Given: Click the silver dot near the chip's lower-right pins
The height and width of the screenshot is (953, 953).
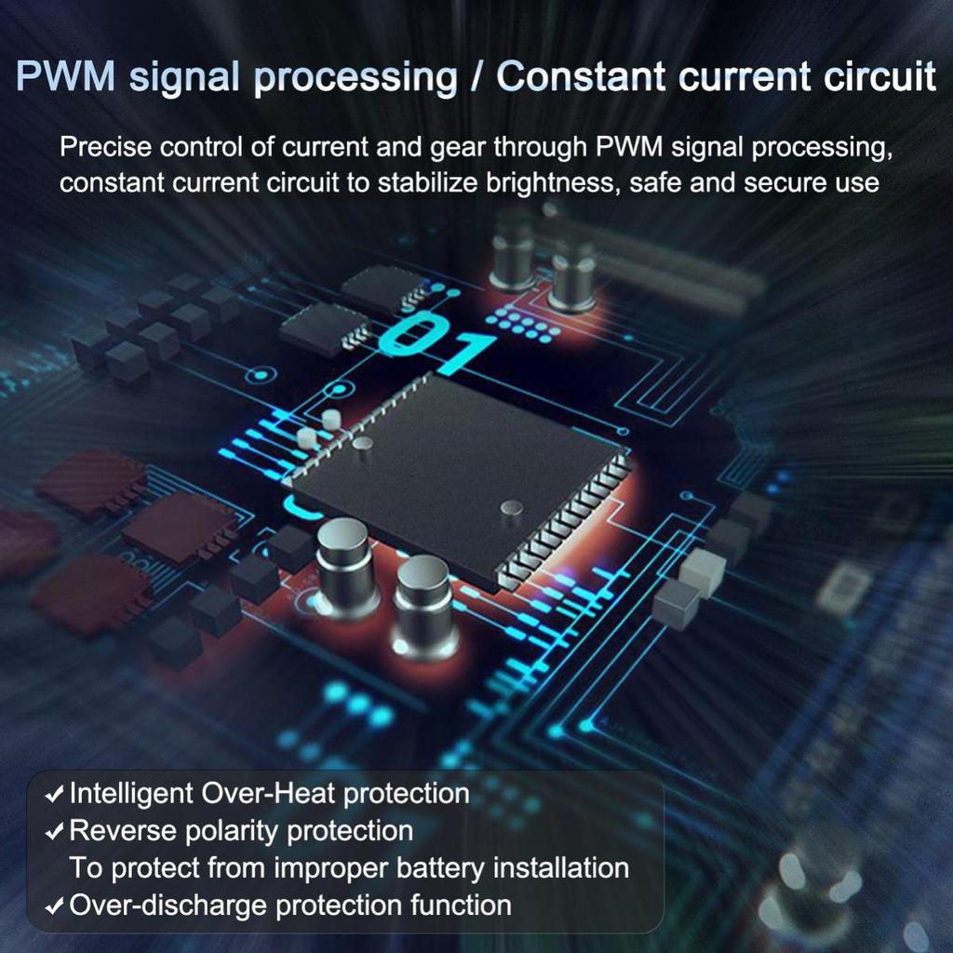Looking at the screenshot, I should coord(512,507).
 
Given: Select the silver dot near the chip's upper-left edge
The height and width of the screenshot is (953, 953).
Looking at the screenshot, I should coord(363,443).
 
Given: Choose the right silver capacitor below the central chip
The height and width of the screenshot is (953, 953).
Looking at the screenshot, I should coord(423,605).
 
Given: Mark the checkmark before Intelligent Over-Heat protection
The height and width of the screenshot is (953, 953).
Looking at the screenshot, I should coord(56,795).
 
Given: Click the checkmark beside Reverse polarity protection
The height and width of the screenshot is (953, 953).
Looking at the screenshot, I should coord(56,831).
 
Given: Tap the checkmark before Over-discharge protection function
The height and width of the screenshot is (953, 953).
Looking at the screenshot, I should coord(56,906).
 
